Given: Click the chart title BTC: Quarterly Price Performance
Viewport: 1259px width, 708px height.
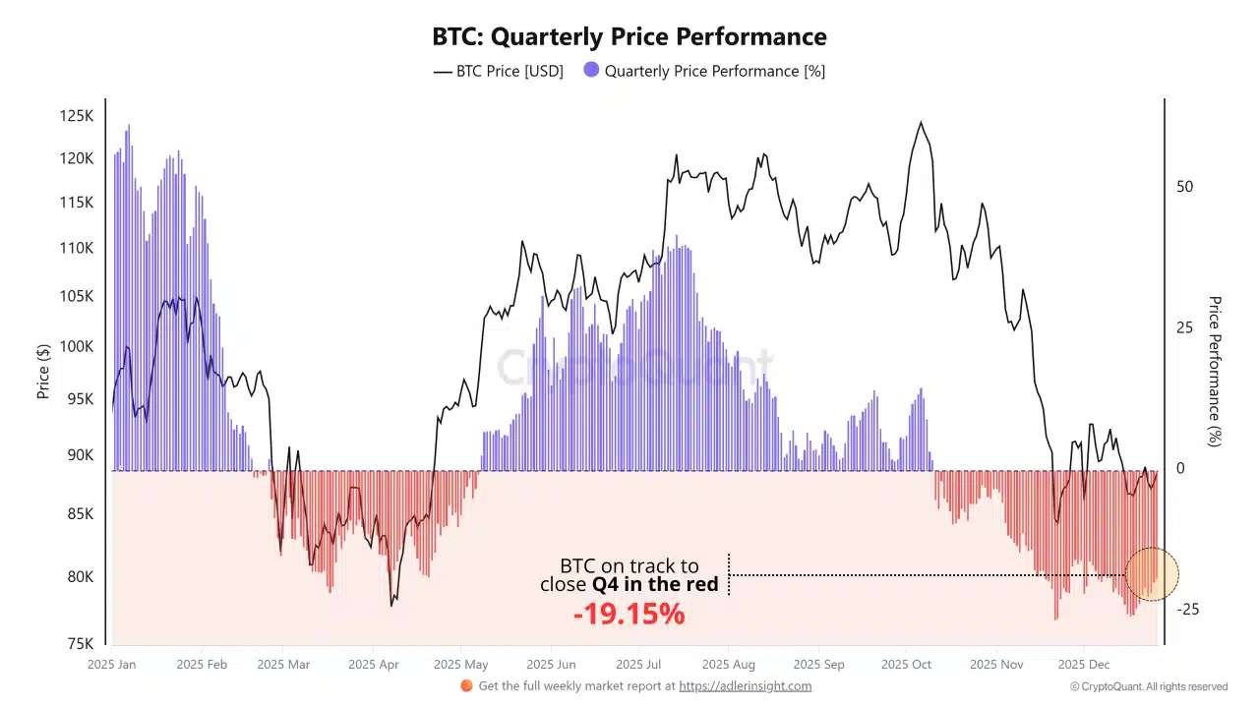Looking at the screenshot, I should click(x=629, y=37).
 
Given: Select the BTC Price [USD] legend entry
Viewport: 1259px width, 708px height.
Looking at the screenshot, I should click(x=499, y=71).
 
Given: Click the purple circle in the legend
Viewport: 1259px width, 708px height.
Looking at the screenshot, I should click(x=591, y=70).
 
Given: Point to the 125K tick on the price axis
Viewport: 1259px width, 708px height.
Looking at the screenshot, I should click(x=77, y=116).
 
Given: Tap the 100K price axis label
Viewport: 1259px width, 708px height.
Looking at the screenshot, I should click(x=77, y=347).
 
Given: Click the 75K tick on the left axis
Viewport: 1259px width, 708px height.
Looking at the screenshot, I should click(x=81, y=644).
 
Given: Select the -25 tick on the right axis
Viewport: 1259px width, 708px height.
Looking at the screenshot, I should click(x=1188, y=610).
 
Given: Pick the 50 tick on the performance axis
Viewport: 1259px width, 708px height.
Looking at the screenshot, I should click(x=1185, y=187).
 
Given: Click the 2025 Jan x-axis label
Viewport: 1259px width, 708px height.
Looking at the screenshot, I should click(x=112, y=665).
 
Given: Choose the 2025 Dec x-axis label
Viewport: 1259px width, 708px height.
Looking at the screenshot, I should click(x=1084, y=665).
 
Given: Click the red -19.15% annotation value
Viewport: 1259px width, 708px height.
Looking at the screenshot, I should click(x=629, y=615).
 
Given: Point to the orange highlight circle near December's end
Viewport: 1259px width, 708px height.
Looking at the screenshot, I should click(x=1151, y=573).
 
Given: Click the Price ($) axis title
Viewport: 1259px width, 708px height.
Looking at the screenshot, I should click(x=43, y=372).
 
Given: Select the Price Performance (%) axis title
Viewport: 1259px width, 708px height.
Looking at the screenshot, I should click(x=1215, y=372).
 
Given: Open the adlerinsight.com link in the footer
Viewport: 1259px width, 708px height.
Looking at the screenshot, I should click(x=745, y=686).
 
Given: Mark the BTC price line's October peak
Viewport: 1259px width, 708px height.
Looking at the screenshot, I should click(x=921, y=123).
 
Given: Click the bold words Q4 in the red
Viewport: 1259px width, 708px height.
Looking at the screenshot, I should click(x=654, y=585).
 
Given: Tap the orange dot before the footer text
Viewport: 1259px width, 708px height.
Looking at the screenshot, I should click(x=466, y=685).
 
